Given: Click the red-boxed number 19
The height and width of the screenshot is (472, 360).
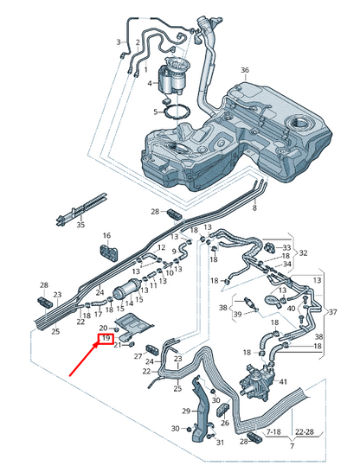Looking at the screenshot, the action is tap(106, 338).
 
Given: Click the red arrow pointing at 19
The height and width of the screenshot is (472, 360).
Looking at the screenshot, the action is tap(84, 360).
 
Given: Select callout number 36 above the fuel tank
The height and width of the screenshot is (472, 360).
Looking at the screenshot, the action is tap(245, 70).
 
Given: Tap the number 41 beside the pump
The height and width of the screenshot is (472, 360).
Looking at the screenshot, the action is tap(283, 382).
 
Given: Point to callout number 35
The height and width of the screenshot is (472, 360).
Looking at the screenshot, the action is tap(80, 225).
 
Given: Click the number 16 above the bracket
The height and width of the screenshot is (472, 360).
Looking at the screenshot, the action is tap(106, 235).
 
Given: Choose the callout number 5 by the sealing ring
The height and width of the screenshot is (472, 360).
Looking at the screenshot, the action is tap(156, 112).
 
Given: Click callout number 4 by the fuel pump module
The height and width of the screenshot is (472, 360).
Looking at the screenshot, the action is tap(150, 83).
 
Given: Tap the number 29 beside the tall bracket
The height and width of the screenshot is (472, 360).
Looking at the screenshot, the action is tap(186, 411).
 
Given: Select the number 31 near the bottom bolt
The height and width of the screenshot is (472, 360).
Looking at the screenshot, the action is tap(220, 443).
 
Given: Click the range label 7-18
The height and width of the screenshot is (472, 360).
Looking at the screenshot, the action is tap(273, 432).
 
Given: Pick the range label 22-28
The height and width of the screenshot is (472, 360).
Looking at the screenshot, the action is tap(305, 432).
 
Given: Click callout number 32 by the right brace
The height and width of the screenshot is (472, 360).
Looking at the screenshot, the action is tap(303, 252).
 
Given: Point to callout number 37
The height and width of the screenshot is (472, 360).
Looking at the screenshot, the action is tap(332, 312).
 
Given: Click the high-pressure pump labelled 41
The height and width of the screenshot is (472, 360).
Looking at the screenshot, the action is tap(258, 382).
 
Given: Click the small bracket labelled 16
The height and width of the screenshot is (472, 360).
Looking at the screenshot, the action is tap(109, 252).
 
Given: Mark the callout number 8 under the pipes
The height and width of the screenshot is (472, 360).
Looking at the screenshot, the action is tap(254, 207).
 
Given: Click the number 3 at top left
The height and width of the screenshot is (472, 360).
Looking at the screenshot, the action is tap(119, 41).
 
